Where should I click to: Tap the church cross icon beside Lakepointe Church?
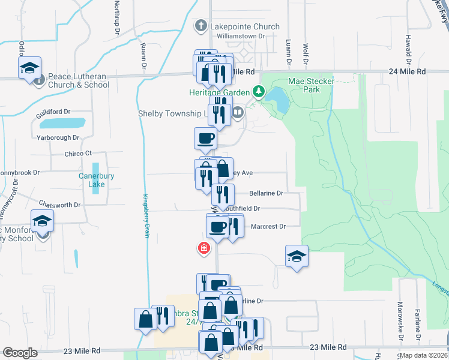(200, 26)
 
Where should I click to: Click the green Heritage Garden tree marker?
(259, 92)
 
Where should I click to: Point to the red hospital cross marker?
(204, 247)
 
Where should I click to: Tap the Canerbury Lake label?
(92, 180)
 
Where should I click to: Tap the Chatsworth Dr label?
(59, 205)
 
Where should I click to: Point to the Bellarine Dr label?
(265, 193)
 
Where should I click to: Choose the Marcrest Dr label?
(268, 226)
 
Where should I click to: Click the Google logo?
(20, 353)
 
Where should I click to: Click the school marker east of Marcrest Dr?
(297, 257)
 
